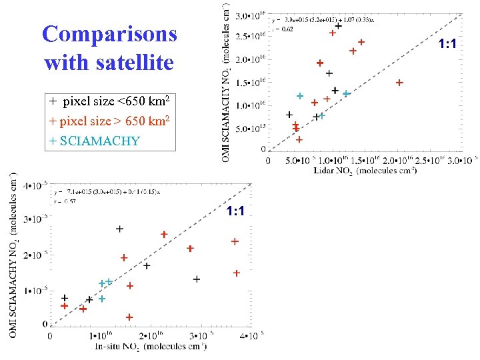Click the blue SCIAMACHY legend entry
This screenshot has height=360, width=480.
[x=94, y=141]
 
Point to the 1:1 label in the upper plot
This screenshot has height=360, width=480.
[x=447, y=44]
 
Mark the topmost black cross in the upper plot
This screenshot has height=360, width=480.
[x=339, y=26]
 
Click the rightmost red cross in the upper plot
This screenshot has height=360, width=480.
[x=399, y=83]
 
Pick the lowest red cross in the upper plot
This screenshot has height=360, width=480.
[x=299, y=139]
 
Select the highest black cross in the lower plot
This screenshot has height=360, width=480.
[x=119, y=229]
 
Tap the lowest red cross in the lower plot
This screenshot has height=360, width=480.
[x=129, y=317]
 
